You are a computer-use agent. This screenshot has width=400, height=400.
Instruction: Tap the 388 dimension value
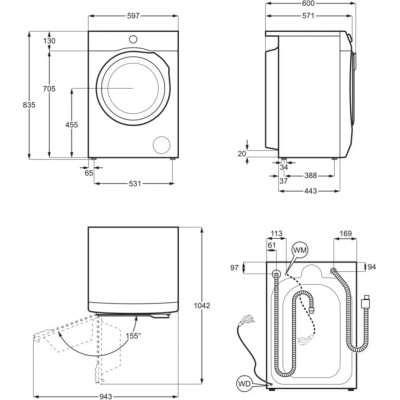point(310,176)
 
